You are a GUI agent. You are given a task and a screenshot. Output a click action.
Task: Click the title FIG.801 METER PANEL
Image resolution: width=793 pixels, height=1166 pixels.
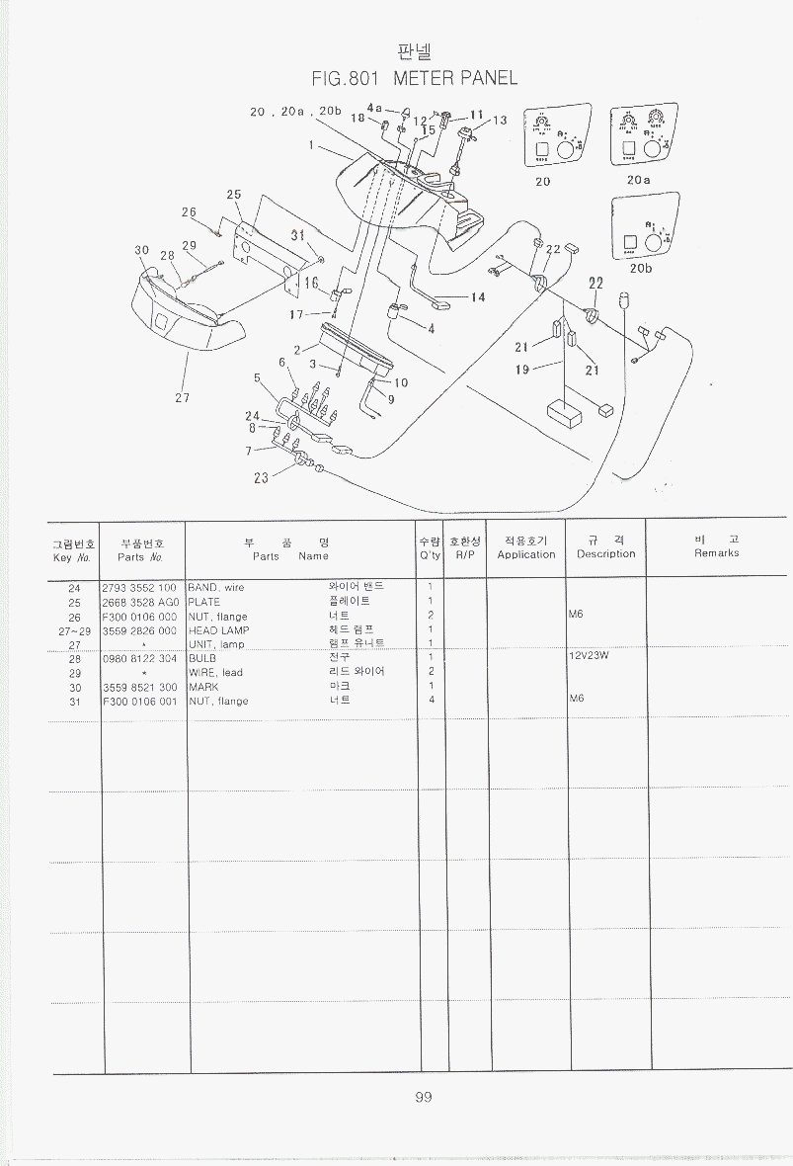pos(414,78)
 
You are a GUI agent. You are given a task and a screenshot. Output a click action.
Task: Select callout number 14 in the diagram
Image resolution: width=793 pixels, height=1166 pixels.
pos(478,296)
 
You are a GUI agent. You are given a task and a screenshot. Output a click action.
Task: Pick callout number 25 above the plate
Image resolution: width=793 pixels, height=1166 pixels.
pos(234,195)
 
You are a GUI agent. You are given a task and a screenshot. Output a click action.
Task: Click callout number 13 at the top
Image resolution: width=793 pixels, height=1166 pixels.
pos(499,121)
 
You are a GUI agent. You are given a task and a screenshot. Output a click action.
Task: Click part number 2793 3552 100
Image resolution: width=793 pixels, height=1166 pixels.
pos(139,587)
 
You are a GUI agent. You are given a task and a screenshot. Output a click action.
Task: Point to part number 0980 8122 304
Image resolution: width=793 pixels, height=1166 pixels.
pos(139,658)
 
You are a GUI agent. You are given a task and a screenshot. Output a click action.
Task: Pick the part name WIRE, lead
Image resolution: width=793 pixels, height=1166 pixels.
pos(215,673)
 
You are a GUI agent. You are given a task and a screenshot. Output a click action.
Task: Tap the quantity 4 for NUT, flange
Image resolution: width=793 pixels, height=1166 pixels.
pos(432,700)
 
